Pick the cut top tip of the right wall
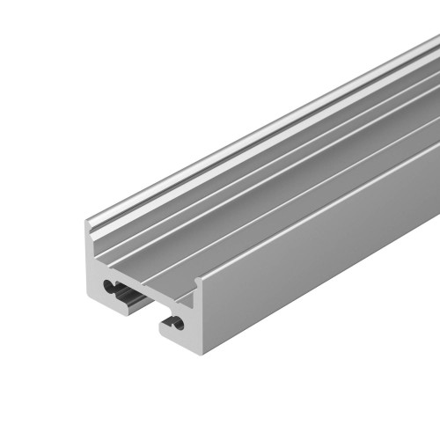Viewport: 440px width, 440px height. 198,279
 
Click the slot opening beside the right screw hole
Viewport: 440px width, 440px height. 168,326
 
